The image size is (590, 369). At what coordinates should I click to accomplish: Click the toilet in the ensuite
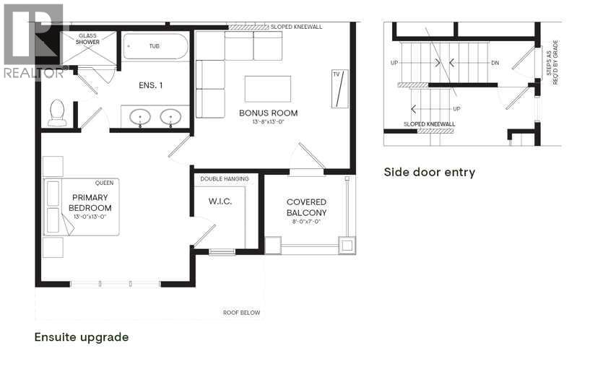click(57, 112)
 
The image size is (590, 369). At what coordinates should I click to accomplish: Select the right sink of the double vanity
click(170, 116)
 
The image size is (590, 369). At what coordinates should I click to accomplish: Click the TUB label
click(154, 46)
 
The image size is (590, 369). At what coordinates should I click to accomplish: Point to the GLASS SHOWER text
click(87, 38)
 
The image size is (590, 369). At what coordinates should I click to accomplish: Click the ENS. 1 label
click(150, 85)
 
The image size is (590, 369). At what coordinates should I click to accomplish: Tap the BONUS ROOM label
click(268, 113)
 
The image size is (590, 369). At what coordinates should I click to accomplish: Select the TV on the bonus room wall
click(337, 89)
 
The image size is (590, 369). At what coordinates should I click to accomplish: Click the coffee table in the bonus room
click(268, 88)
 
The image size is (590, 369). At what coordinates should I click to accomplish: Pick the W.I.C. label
click(220, 201)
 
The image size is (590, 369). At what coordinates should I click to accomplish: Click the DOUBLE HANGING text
click(225, 179)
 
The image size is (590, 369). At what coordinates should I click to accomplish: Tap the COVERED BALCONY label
click(306, 207)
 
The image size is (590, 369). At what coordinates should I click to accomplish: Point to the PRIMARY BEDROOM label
click(90, 203)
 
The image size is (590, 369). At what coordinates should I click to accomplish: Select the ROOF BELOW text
click(241, 313)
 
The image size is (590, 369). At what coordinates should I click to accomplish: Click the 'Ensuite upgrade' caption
click(82, 337)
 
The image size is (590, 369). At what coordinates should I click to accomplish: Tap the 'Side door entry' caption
click(429, 172)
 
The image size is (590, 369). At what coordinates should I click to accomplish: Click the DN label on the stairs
click(495, 64)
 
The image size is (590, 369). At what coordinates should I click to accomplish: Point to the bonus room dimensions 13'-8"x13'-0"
click(268, 122)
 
